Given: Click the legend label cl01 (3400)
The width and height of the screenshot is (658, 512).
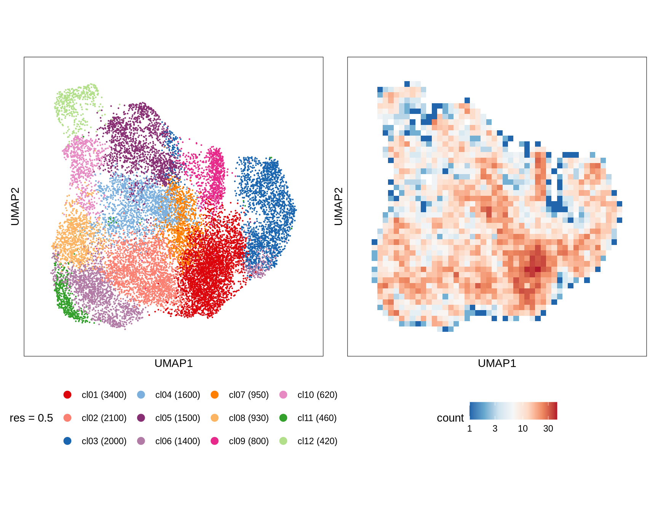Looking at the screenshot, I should coord(104,395).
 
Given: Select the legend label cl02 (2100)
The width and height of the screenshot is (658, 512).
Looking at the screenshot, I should coord(104,418).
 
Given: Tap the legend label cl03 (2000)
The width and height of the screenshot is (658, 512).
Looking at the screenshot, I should coord(104,441).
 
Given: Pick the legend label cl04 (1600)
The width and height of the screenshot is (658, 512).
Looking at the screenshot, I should coord(177,395).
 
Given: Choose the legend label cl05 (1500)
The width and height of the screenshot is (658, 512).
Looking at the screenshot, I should coord(177,418).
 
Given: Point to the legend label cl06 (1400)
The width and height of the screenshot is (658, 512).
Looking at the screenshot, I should coord(177,441).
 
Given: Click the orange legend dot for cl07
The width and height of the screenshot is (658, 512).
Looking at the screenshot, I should coord(215,395).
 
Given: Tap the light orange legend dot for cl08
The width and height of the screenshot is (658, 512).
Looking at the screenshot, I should coord(215,418).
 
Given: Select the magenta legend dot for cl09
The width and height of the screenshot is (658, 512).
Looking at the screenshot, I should coord(215,441).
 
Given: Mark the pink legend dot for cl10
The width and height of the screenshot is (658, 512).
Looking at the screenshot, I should coord(283,395).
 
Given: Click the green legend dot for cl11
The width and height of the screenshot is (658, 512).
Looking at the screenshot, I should coord(283,418).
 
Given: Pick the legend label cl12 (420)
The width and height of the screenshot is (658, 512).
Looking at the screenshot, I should coord(317,441).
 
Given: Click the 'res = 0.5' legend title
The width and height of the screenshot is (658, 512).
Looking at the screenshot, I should coord(31,418).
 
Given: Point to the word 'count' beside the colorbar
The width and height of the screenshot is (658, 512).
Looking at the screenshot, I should coord(450,418).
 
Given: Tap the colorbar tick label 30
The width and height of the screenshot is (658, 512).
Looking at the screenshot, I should coord(548,429).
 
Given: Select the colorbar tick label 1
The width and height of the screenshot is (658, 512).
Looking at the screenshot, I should coord(470,429).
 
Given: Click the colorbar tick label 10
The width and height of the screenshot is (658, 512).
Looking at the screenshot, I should coord(522,429).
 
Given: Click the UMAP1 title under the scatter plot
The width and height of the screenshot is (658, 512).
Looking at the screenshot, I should coord(174,363).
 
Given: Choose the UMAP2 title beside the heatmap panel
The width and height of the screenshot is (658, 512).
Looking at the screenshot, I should coord(338,206).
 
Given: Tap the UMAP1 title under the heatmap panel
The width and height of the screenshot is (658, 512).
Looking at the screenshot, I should coord(497,363).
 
